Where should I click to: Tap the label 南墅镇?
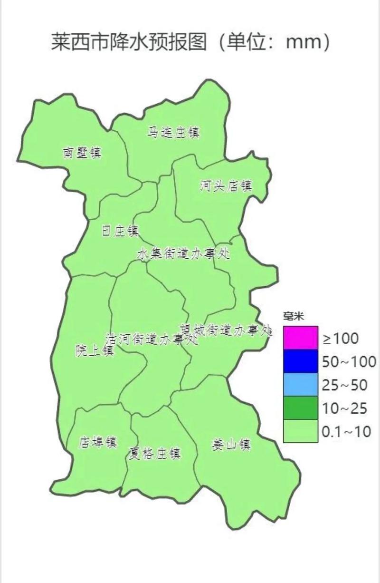coord(82,153)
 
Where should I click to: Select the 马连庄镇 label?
coord(173,132)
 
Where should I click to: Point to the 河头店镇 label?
coord(226,186)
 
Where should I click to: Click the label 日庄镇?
coord(121,231)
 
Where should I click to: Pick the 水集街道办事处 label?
coord(183,254)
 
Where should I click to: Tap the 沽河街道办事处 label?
coord(151,340)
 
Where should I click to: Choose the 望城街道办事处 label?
coord(225,330)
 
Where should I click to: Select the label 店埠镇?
coord(98,442)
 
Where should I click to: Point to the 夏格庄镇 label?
coord(154,453)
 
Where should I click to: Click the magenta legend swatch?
coord(300,338)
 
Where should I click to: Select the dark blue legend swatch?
coord(300,361)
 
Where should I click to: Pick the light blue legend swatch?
coord(300,384)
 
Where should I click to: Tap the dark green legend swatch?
coord(300,408)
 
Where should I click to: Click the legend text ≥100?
coord(341,339)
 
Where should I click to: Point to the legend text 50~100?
coord(349,362)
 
